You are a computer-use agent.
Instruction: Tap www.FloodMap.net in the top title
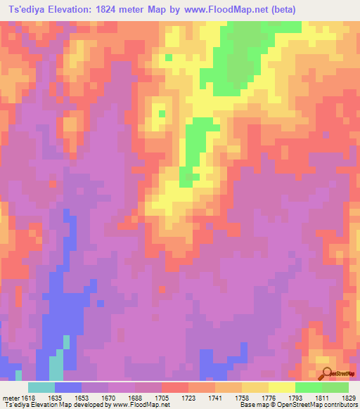[219, 9]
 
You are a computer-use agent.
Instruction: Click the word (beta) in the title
[279, 9]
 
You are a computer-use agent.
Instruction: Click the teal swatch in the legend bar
[41, 387]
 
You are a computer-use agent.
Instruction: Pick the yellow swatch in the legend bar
[281, 387]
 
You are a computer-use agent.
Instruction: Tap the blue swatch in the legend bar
[68, 387]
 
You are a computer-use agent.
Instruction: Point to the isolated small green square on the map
[162, 112]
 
